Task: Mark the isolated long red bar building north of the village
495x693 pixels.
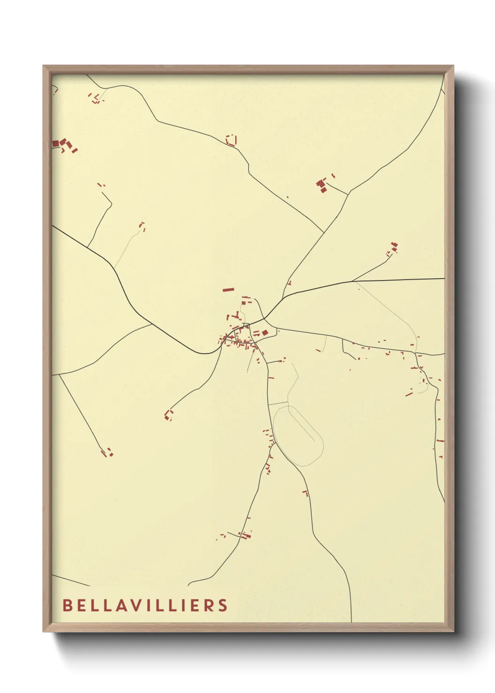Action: [x=228, y=290]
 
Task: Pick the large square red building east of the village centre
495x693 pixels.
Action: [x=265, y=333]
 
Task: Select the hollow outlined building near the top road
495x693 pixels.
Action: [x=231, y=140]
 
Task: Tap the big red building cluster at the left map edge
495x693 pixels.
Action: [x=64, y=144]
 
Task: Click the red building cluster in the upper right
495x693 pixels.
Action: [x=322, y=184]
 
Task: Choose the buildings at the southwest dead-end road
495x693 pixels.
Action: [x=107, y=453]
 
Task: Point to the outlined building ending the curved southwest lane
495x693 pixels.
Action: [x=168, y=414]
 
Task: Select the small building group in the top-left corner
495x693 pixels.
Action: [x=95, y=99]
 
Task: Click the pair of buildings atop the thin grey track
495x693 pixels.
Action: [x=142, y=227]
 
